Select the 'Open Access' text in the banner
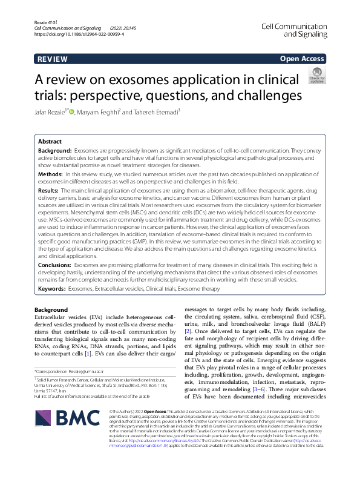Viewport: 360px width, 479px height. tap(303, 59)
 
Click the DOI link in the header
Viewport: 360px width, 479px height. tap(79, 35)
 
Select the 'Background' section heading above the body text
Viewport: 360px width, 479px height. tap(51, 309)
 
